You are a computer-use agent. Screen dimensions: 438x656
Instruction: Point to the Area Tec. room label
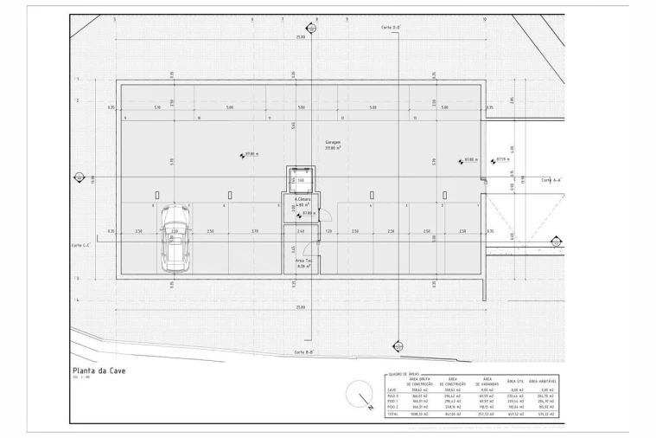coord(302,261)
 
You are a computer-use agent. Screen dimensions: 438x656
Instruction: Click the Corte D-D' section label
coord(391,28)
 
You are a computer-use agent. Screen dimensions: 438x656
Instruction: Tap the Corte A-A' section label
coord(551,180)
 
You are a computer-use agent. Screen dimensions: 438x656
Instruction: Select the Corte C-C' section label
coord(82,245)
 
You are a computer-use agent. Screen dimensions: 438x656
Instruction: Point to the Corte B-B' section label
coord(303,352)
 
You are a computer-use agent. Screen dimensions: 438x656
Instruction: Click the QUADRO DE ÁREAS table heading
coord(401,373)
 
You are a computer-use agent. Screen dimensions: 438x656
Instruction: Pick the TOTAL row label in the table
coord(393,415)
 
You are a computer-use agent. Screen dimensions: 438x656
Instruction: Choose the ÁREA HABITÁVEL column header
coord(545,382)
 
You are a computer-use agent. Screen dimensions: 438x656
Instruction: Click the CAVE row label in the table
coord(392,390)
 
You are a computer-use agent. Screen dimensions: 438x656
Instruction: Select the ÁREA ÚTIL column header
coord(517,380)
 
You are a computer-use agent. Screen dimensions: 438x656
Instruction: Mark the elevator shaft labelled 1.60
coord(301,180)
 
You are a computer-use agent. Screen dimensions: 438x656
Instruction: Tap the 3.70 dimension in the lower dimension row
coord(255,232)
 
